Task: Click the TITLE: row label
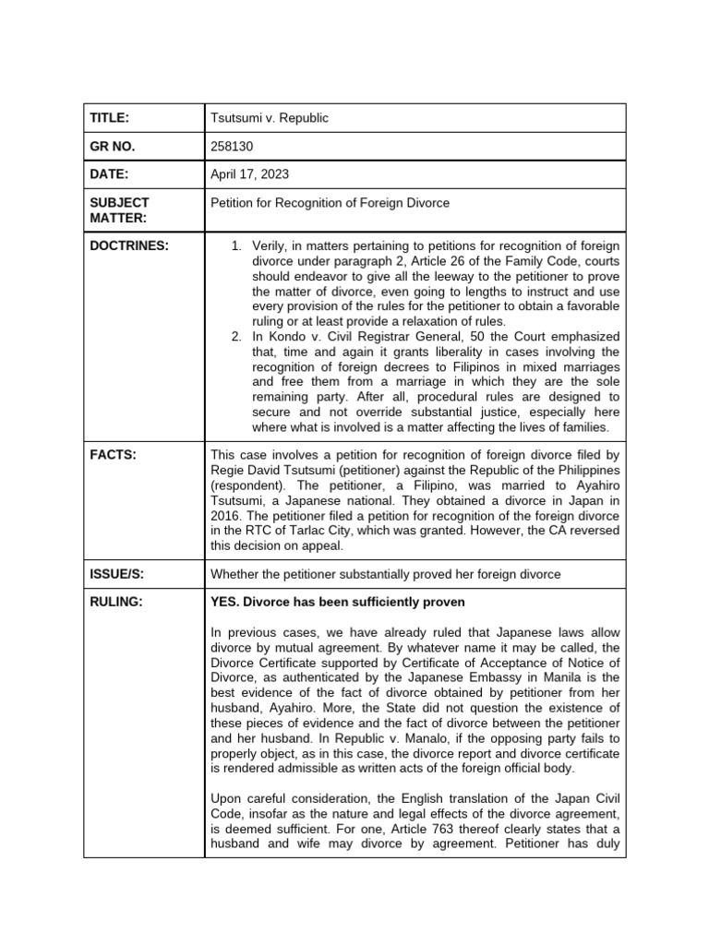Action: pos(109,118)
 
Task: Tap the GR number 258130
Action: pos(231,146)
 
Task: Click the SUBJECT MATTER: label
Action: pos(119,209)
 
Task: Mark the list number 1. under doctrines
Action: pos(236,245)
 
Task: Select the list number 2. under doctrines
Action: pos(236,336)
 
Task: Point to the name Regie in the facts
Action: pos(228,471)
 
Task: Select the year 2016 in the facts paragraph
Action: pos(228,516)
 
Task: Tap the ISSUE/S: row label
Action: pos(117,574)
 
